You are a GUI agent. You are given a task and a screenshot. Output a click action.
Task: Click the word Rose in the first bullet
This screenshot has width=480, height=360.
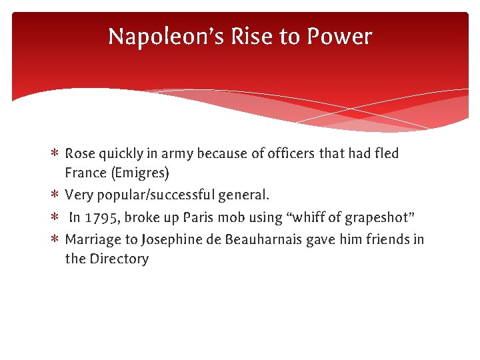click(x=80, y=153)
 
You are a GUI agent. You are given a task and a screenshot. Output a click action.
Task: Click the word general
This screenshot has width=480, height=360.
click(x=247, y=195)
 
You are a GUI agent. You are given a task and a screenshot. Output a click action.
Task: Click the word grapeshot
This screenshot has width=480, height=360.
click(x=376, y=217)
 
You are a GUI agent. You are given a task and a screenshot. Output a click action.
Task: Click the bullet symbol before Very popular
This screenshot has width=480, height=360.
click(x=55, y=195)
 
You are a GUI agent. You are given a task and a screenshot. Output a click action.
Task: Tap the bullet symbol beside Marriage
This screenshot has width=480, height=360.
click(x=55, y=239)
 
